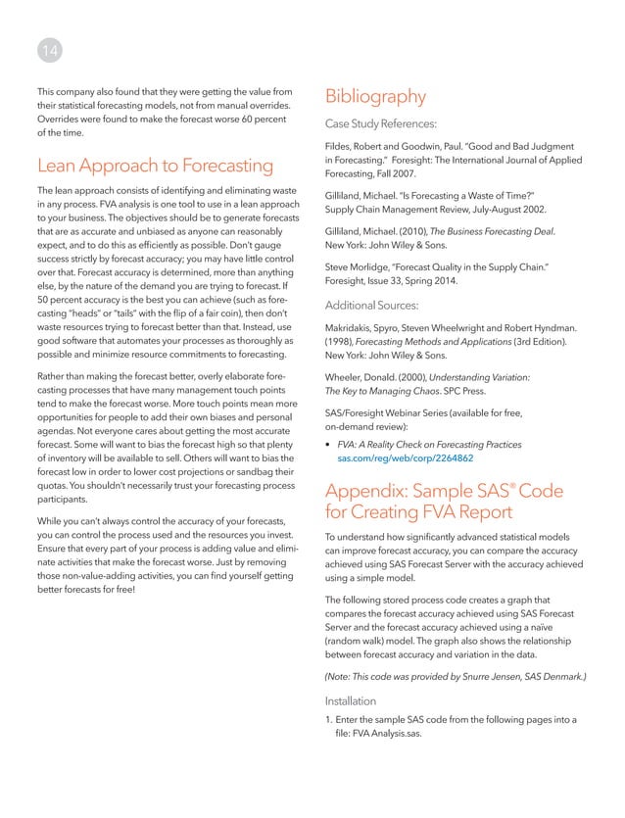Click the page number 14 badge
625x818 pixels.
[x=47, y=47]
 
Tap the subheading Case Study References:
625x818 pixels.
[x=387, y=123]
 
